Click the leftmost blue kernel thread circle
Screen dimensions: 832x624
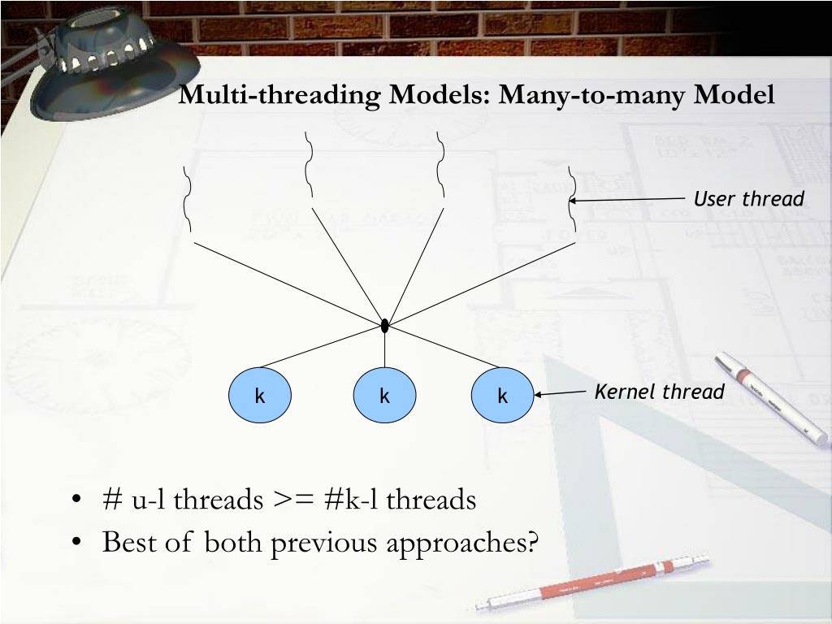pyautogui.click(x=260, y=396)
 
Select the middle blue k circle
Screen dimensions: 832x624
pyautogui.click(x=384, y=396)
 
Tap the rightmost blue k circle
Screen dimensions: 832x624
pyautogui.click(x=502, y=396)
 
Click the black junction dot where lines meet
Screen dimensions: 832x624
pyautogui.click(x=384, y=326)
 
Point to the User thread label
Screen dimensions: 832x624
pyautogui.click(x=748, y=199)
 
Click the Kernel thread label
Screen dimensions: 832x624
pyautogui.click(x=659, y=392)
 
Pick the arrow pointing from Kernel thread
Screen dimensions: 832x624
pyautogui.click(x=561, y=393)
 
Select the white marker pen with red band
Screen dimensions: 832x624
pyautogui.click(x=769, y=397)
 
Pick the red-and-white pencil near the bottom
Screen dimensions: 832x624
pyautogui.click(x=593, y=583)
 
